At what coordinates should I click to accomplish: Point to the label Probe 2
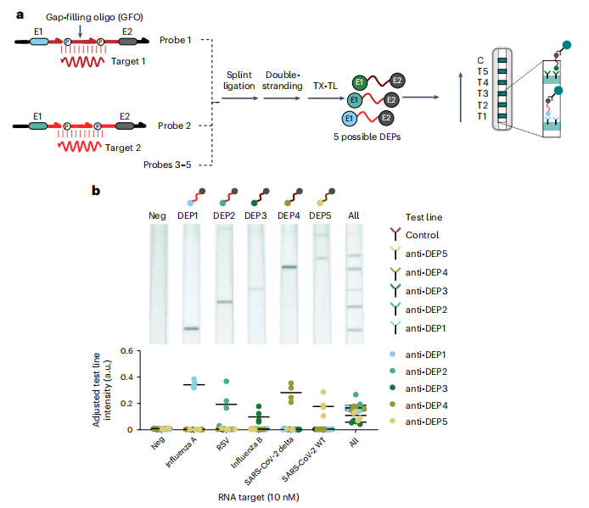(x=175, y=126)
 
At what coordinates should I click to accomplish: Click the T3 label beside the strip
(x=482, y=93)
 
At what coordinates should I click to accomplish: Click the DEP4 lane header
(x=289, y=216)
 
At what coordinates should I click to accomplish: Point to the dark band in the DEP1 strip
(x=192, y=328)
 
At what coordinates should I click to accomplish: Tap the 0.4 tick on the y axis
(x=127, y=377)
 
